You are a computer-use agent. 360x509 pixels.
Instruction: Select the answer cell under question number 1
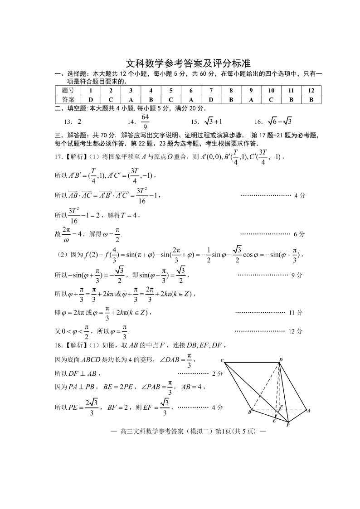coord(91,99)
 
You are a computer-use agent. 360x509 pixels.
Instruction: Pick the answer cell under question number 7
coord(211,99)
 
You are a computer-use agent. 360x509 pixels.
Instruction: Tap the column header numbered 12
coord(311,91)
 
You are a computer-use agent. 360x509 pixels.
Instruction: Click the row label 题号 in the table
coord(68,91)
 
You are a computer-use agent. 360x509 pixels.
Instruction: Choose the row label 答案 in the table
coord(68,99)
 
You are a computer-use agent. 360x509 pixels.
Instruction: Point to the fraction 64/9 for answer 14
coord(145,121)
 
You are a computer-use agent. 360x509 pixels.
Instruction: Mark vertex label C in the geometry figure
coord(222,361)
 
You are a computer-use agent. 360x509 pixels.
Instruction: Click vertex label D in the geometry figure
coord(281,360)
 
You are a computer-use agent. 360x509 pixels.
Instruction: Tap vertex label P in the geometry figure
coord(287,426)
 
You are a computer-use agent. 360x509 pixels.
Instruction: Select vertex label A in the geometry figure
coord(308,411)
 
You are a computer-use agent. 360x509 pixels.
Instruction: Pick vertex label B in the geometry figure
coord(249,412)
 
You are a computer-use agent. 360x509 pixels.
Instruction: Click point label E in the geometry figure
coord(274,421)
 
